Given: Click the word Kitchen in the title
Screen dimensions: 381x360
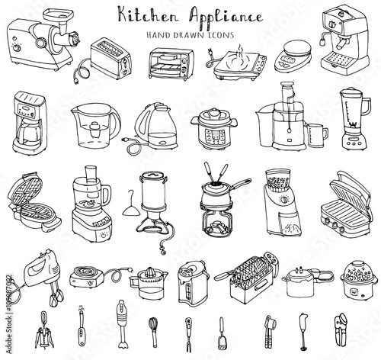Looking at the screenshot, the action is coord(148,15).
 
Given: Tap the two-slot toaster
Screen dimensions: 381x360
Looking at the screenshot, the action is coord(111,58).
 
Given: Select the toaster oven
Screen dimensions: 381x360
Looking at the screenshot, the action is coord(171,63).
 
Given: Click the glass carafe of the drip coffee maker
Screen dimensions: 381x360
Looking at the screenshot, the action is coord(28,133).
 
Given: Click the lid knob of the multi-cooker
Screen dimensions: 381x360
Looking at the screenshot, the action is coord(214,111).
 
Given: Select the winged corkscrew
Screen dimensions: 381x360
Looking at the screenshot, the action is coord(44,330).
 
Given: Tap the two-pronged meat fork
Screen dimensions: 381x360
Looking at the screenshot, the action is coord(188,334).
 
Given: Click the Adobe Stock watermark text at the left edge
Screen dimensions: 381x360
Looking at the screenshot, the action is coord(9,314).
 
